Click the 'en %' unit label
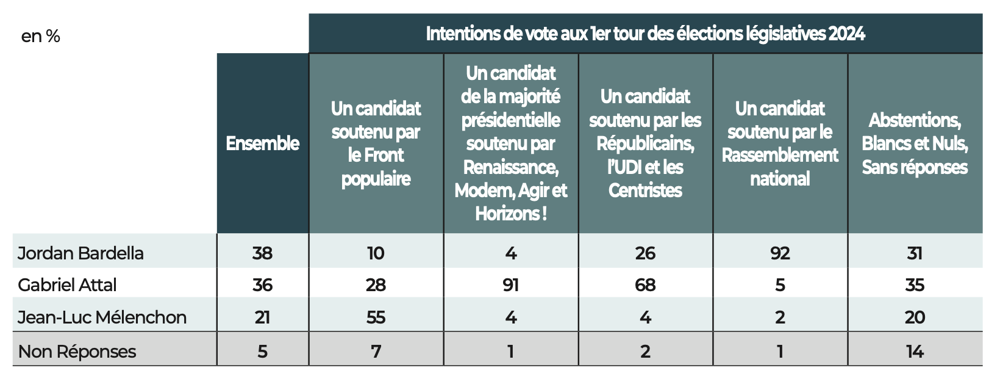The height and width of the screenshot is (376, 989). pyautogui.click(x=40, y=36)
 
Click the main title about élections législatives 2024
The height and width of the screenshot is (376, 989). pyautogui.click(x=645, y=34)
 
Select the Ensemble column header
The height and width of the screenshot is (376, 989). pyautogui.click(x=263, y=143)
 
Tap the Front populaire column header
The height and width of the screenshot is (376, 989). pyautogui.click(x=376, y=143)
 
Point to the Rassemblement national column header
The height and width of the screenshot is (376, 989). pyautogui.click(x=780, y=143)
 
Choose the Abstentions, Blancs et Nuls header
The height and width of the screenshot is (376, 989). pyautogui.click(x=915, y=143)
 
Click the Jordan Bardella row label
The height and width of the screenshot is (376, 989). pyautogui.click(x=80, y=253)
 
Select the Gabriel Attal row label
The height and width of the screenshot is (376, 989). pyautogui.click(x=67, y=284)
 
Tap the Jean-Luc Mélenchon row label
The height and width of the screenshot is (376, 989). pyautogui.click(x=102, y=317)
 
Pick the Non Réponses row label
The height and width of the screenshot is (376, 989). pyautogui.click(x=77, y=351)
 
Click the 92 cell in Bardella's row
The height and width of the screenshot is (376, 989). pyautogui.click(x=780, y=253)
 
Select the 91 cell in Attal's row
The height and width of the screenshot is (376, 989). pyautogui.click(x=511, y=284)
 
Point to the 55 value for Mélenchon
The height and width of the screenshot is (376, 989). pyautogui.click(x=376, y=317)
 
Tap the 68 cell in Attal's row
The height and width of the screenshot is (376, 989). pyautogui.click(x=645, y=284)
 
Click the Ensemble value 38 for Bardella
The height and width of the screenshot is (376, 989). pyautogui.click(x=263, y=253)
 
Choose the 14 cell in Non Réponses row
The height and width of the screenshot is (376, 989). pyautogui.click(x=915, y=351)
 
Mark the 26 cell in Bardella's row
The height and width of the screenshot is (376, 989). pyautogui.click(x=645, y=253)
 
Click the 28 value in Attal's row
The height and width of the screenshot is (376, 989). pyautogui.click(x=376, y=284)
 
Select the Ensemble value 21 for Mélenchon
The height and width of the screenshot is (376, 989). pyautogui.click(x=263, y=317)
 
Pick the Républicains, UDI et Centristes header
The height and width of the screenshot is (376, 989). pyautogui.click(x=645, y=143)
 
